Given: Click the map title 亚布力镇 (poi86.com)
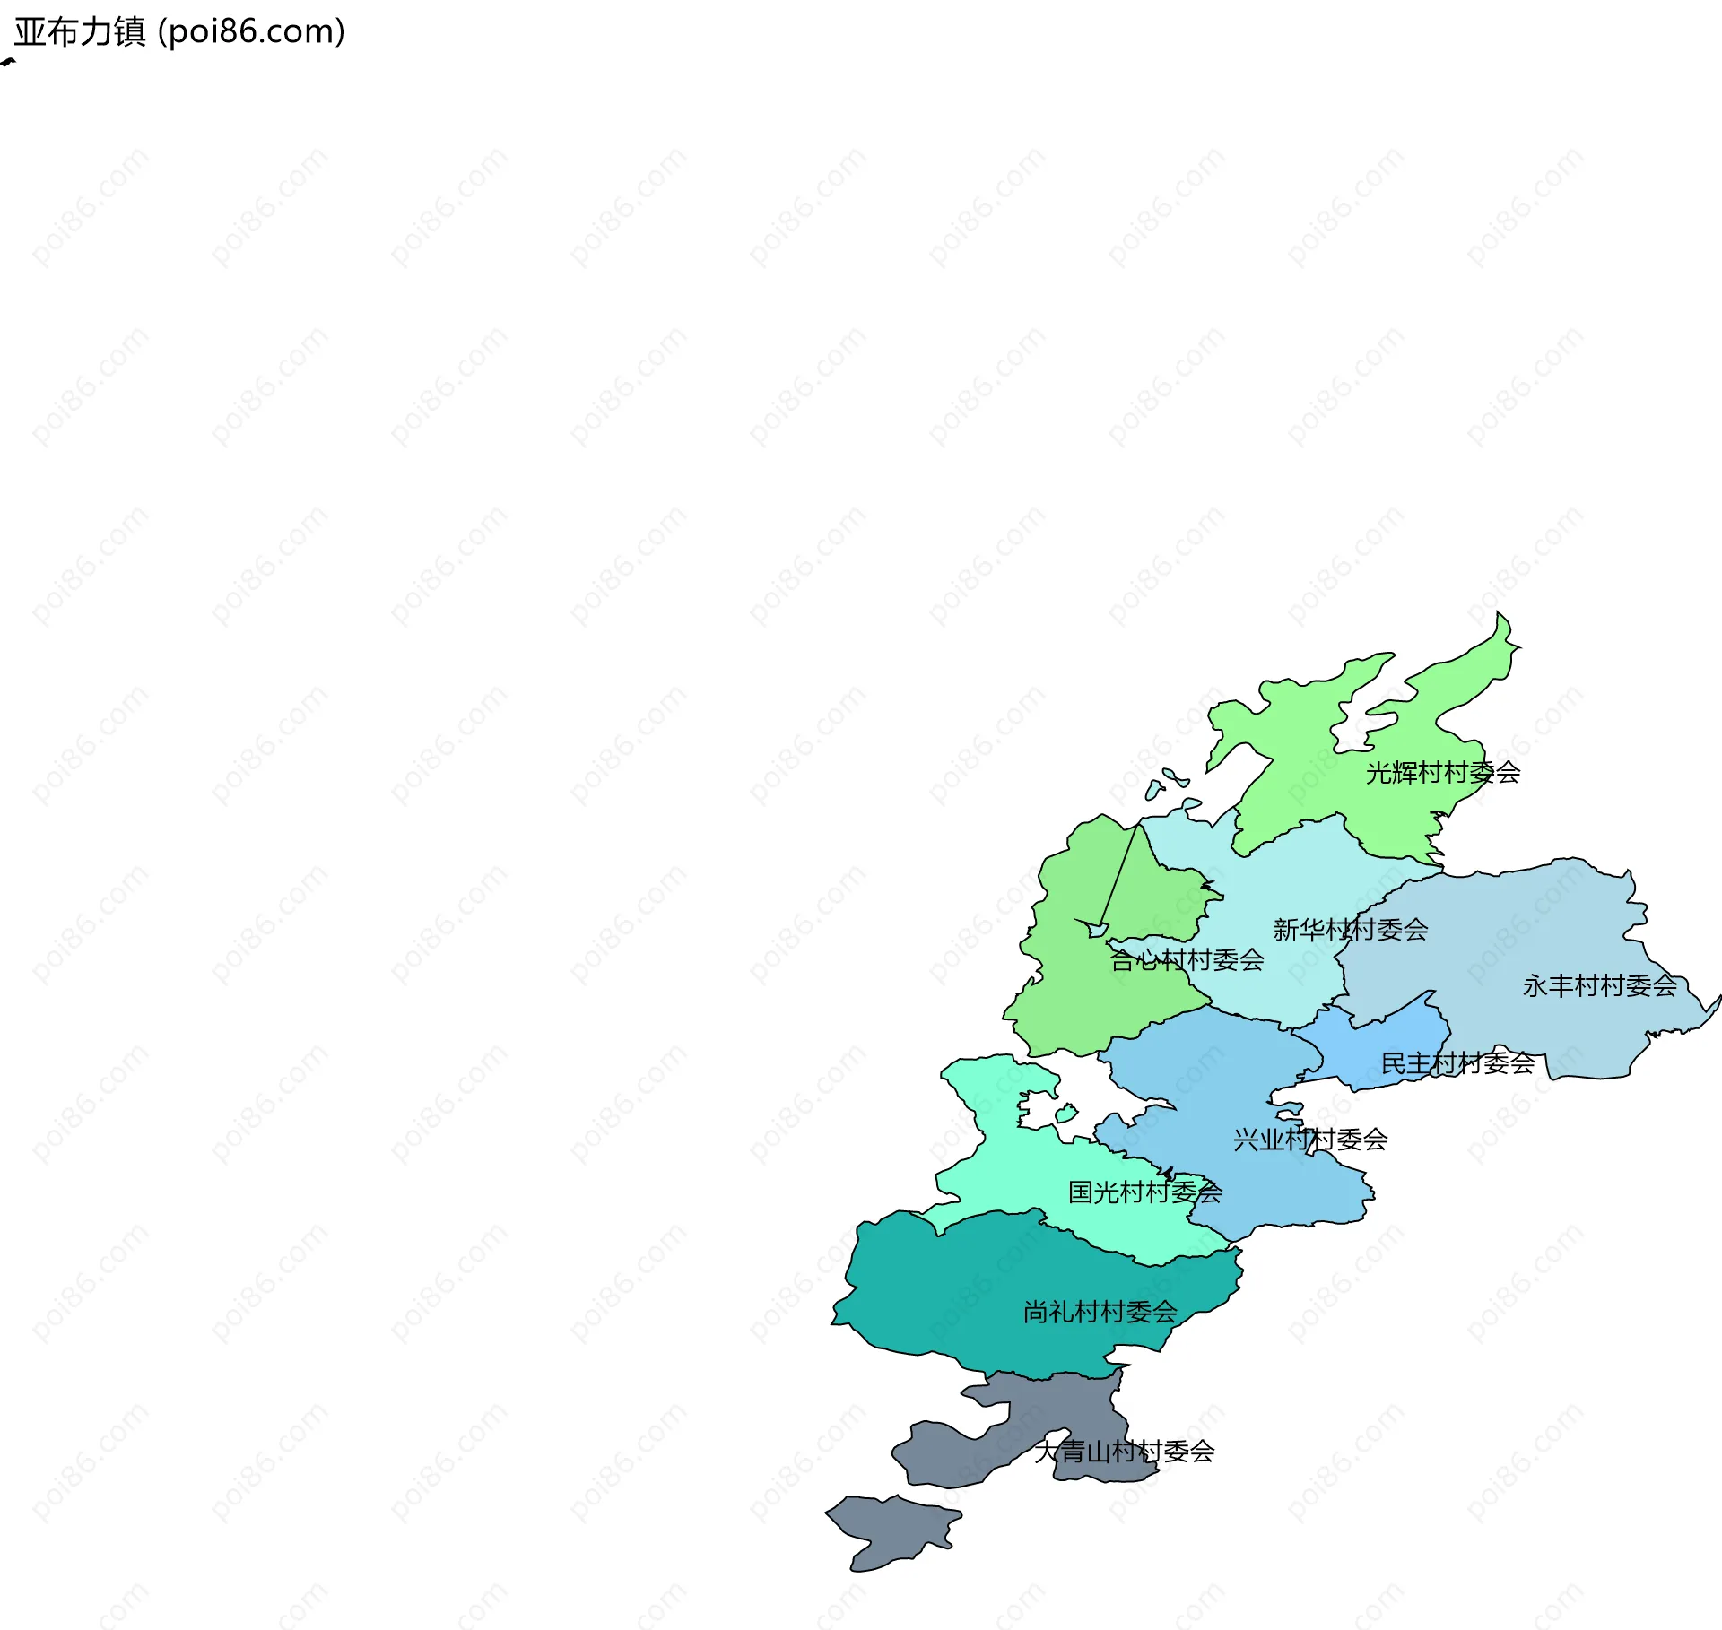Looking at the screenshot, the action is [179, 32].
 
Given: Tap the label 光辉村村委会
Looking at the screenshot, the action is [1442, 772].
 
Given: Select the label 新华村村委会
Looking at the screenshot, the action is [1350, 930].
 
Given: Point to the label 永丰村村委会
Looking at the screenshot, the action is [1599, 986].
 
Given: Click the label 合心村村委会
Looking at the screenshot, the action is [1187, 960].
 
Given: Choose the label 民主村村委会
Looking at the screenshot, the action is [1457, 1063].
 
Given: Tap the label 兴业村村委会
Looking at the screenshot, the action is [1310, 1140].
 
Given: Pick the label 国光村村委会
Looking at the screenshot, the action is [1144, 1192].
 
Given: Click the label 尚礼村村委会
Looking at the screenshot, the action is [1100, 1312].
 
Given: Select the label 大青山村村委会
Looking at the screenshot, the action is [1124, 1451].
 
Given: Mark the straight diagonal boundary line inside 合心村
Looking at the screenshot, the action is [1119, 874].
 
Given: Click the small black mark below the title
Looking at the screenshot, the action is [8, 63].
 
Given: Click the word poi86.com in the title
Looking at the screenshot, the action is [251, 32].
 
